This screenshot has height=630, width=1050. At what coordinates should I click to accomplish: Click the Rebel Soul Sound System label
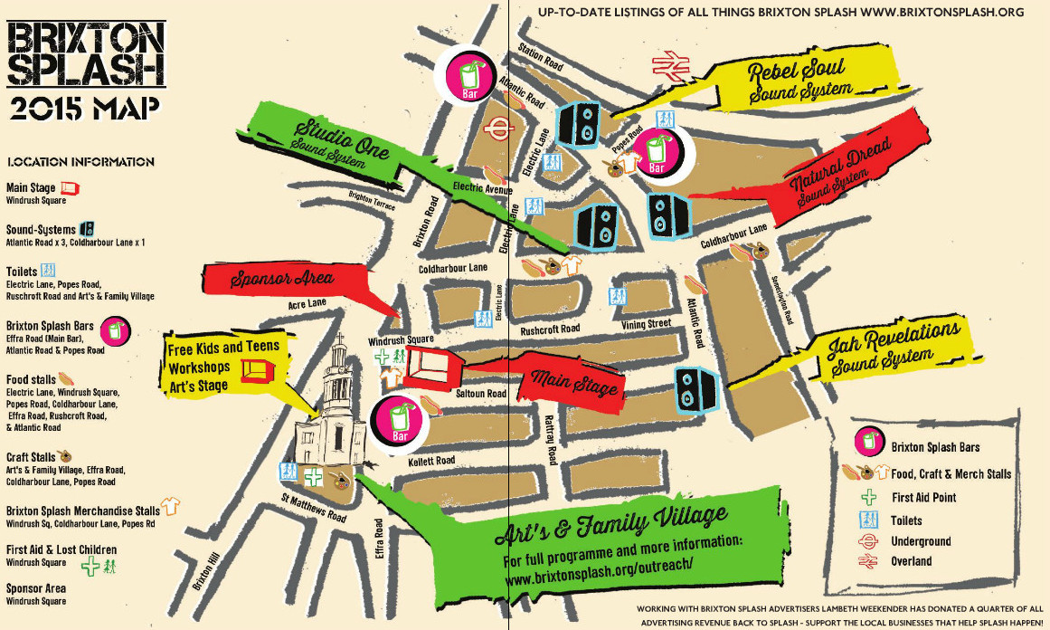pos(796,80)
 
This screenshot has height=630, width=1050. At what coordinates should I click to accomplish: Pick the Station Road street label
pos(541,57)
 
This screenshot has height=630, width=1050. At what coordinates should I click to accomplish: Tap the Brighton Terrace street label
pos(373,200)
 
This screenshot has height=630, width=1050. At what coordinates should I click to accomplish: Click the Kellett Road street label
pos(431,461)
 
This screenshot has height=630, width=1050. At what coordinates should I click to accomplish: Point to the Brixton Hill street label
pos(206,574)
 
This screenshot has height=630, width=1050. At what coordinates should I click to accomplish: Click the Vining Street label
pos(646,323)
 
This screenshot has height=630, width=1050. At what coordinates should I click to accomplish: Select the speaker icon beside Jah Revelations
pos(695,389)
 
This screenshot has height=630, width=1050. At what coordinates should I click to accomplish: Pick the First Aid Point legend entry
pos(922,497)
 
